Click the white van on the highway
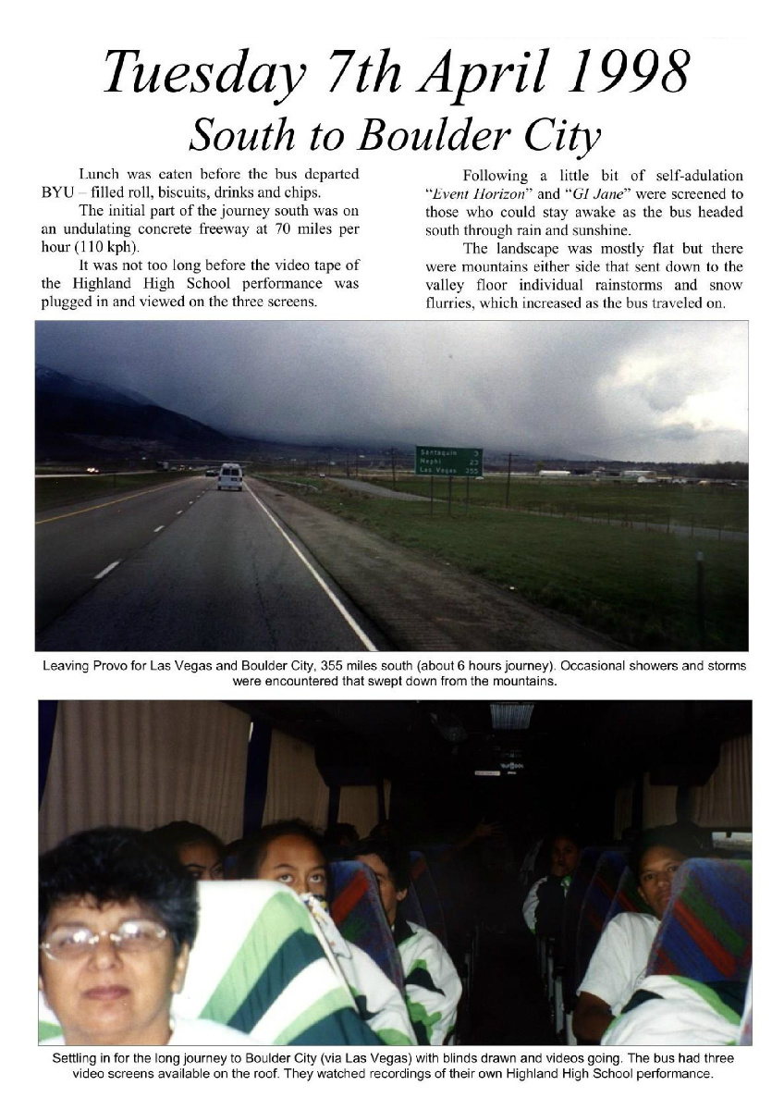pyautogui.click(x=229, y=476)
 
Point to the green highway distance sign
pyautogui.click(x=448, y=461)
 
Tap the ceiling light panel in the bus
pyautogui.click(x=511, y=715)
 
